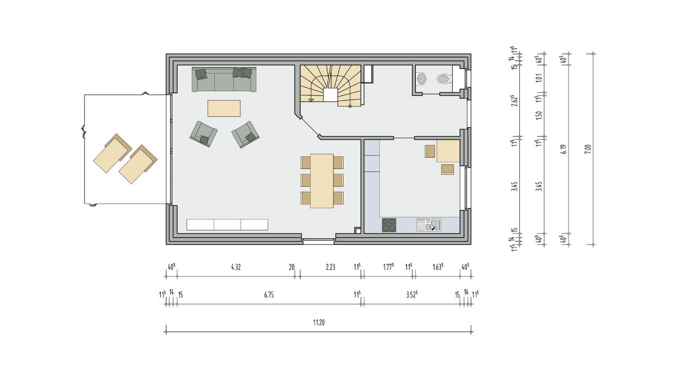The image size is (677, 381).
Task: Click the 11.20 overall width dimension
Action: tap(319, 323)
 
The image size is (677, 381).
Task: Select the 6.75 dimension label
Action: tap(269, 295)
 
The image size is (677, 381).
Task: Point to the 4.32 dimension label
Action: tap(236, 267)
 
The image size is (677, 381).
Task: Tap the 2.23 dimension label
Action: tap(331, 267)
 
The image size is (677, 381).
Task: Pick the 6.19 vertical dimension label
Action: tap(563, 149)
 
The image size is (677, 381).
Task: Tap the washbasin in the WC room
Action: tap(420, 79)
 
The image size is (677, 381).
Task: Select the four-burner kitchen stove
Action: tap(389, 225)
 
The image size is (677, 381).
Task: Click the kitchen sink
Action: tap(428, 225)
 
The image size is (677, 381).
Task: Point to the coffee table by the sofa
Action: tap(224, 108)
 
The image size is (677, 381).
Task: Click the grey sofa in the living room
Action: tap(224, 79)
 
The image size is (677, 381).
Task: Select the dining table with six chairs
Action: tap(322, 181)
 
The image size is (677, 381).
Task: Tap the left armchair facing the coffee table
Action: tap(204, 134)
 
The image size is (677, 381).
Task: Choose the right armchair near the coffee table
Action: tap(245, 134)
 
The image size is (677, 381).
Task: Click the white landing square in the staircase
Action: tap(331, 95)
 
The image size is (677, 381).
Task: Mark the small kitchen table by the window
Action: tap(448, 151)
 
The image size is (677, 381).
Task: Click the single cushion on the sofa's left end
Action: tap(201, 74)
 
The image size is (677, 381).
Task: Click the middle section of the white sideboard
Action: tap(227, 225)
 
